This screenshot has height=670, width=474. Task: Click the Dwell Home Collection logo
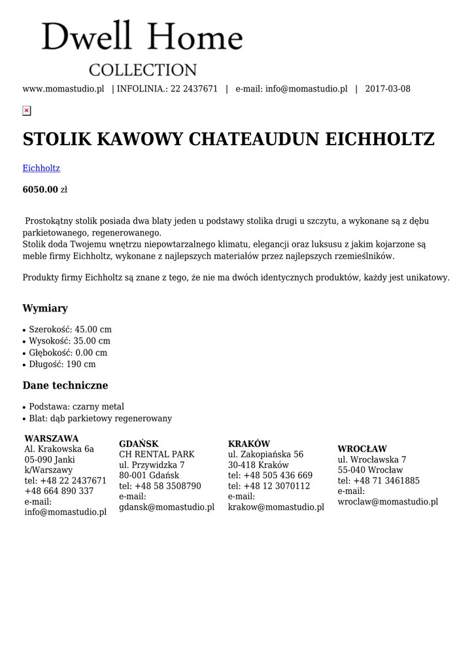tap(142, 48)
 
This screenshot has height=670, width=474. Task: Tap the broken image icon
tap(27, 111)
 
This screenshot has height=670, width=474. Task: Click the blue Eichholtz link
tap(41, 168)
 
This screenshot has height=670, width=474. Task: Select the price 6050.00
tap(41, 190)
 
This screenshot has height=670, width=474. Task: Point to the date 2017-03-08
tap(388, 89)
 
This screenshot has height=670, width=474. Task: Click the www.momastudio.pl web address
tap(63, 89)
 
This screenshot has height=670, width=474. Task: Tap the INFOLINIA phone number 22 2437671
tap(194, 89)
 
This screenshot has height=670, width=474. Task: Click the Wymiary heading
tap(45, 308)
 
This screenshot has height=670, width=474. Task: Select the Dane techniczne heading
tap(65, 385)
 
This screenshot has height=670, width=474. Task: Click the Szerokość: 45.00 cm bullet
tap(70, 329)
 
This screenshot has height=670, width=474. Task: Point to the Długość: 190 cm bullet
tap(62, 364)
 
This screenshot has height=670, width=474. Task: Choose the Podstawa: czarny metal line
tap(76, 406)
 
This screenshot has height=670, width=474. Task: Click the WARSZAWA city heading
tap(52, 438)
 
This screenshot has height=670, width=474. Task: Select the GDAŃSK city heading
tap(139, 444)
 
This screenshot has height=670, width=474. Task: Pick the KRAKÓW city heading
tap(249, 444)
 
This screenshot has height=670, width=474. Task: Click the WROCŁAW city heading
tap(362, 449)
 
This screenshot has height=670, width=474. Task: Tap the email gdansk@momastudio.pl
tap(167, 507)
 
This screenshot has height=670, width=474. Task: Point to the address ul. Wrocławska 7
tap(372, 459)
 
